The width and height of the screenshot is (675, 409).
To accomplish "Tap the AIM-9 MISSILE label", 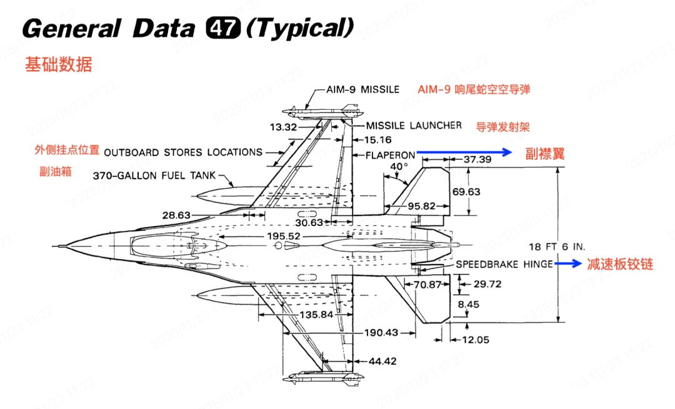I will point(363,89).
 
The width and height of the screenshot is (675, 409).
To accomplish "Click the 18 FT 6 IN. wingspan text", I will point(557,247).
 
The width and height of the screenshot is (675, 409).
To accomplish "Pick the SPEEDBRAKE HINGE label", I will point(504,264).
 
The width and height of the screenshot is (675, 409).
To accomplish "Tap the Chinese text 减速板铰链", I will point(619,264).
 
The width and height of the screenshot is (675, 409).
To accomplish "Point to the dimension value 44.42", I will point(383,361).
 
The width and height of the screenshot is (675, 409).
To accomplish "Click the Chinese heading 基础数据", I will point(58,64).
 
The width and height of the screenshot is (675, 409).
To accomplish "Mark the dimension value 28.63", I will point(176,215).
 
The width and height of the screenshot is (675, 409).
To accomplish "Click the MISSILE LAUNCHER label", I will point(414,126).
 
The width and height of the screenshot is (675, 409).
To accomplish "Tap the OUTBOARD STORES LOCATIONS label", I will point(183,152).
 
